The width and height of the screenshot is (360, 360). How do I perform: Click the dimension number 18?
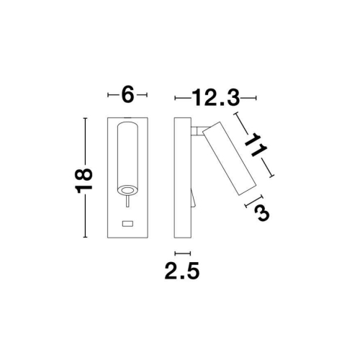click(x=84, y=176)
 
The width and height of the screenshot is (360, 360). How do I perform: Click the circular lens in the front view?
click(x=128, y=190)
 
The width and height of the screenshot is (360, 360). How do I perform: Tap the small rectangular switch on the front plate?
click(x=128, y=223)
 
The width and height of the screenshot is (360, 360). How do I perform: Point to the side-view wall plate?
click(x=182, y=176)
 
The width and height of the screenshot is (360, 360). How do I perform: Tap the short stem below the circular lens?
click(x=128, y=204)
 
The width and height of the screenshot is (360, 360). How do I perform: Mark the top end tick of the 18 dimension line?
click(x=86, y=117)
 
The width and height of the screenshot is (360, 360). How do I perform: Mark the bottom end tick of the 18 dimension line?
click(x=86, y=237)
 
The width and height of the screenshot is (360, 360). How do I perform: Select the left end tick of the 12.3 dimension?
click(x=175, y=96)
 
